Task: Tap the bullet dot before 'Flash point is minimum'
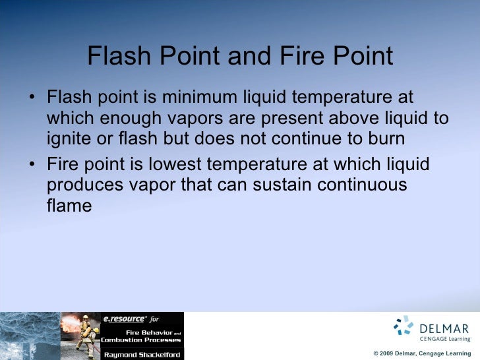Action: coord(32,99)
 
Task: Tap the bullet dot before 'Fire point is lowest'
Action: coord(32,164)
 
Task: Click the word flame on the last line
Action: coord(69,206)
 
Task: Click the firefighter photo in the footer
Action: coord(79,336)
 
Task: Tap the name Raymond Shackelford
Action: coord(141,354)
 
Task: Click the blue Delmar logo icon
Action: coord(403,326)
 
